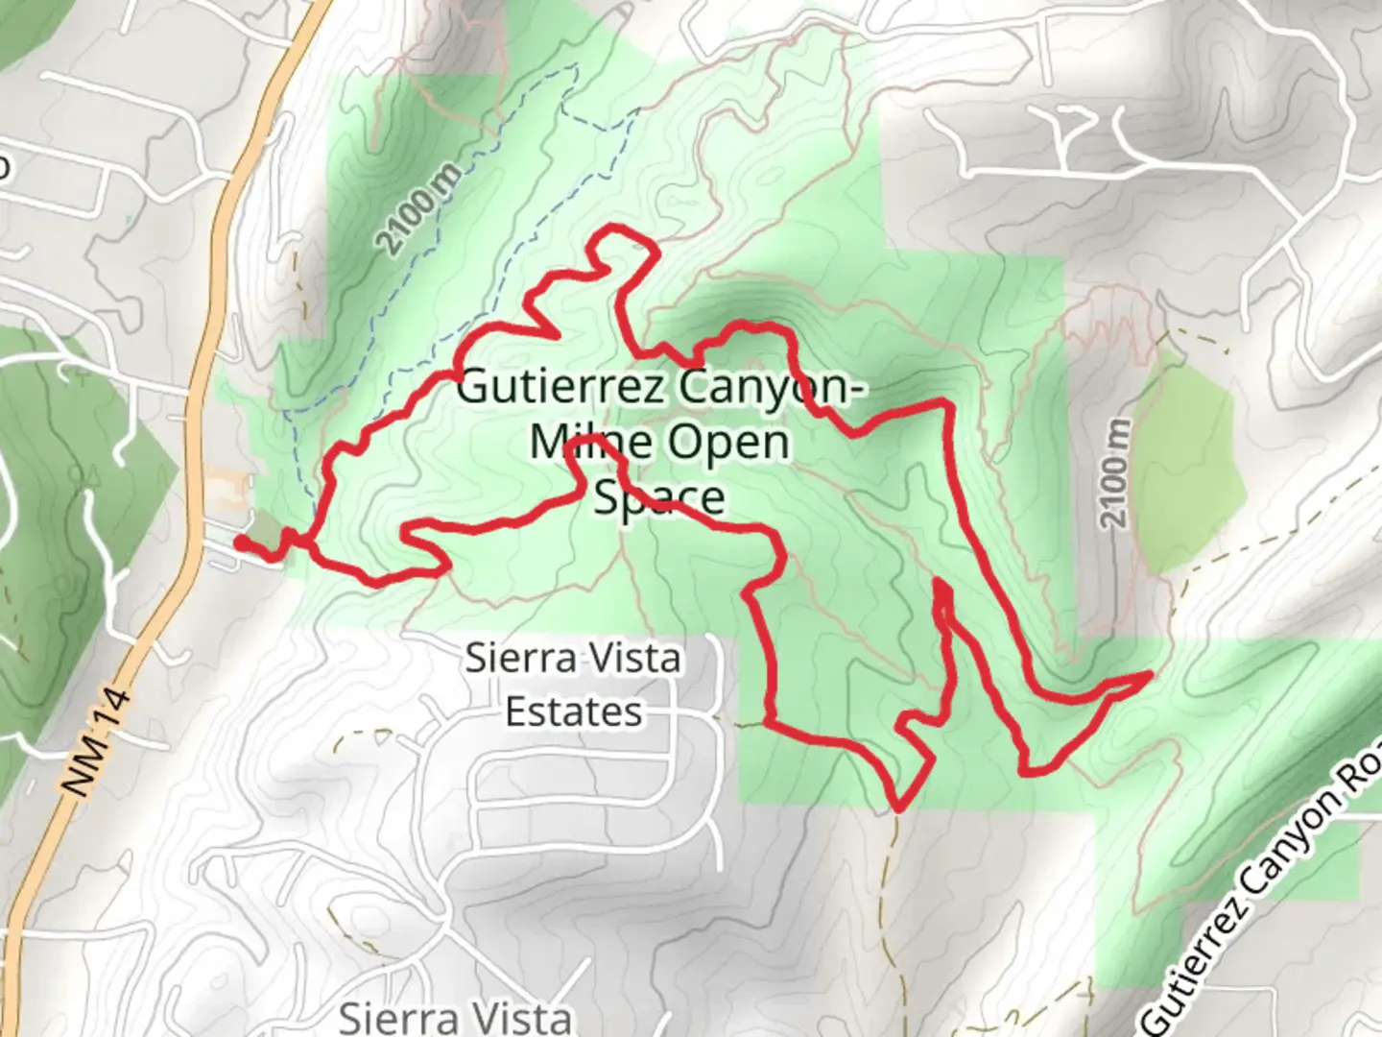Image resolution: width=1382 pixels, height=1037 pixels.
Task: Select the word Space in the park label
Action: [659, 497]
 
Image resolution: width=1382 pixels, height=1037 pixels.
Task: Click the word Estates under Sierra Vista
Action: [574, 712]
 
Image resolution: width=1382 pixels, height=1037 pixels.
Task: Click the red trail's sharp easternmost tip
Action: [1149, 675]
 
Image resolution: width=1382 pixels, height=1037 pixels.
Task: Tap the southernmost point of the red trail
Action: [898, 808]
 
